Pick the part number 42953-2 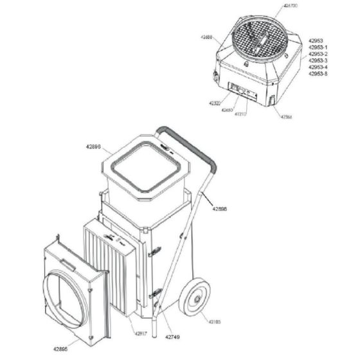point(318,53)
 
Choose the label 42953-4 point(318,67)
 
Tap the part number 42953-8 point(318,74)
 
